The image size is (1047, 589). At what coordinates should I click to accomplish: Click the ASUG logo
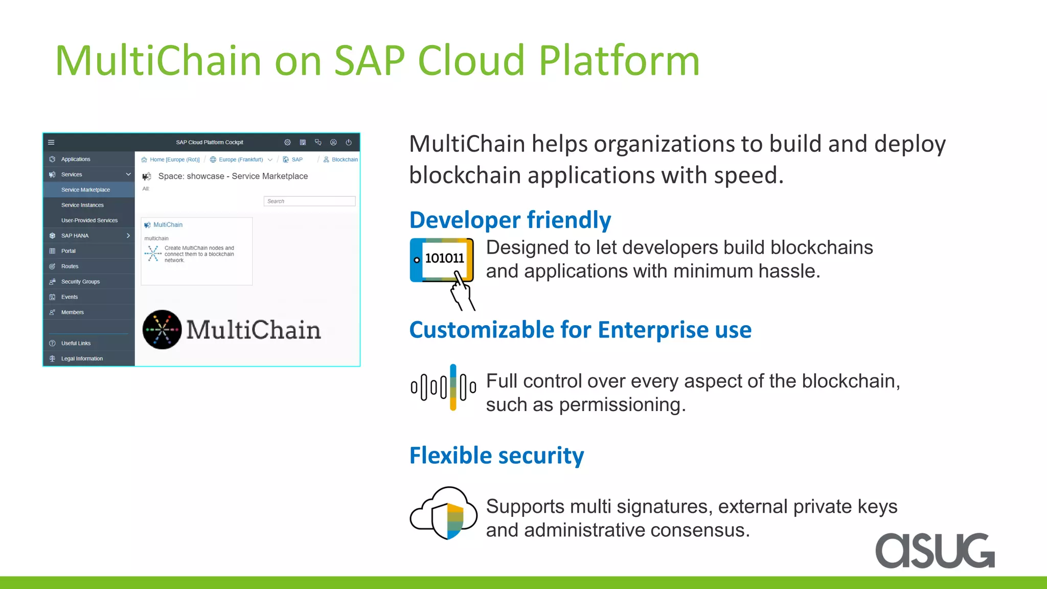pyautogui.click(x=935, y=551)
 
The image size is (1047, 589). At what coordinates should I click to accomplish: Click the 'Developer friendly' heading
pyautogui.click(x=510, y=220)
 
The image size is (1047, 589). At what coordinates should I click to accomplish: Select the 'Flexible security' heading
pyautogui.click(x=496, y=456)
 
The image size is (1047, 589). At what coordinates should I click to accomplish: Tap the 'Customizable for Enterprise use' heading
pyautogui.click(x=580, y=330)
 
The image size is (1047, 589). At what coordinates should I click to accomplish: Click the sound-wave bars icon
pyautogui.click(x=443, y=387)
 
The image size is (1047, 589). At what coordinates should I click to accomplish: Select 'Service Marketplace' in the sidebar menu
pyautogui.click(x=85, y=190)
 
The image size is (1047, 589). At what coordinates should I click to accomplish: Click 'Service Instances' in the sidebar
pyautogui.click(x=82, y=205)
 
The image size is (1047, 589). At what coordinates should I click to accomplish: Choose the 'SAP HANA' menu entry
pyautogui.click(x=75, y=236)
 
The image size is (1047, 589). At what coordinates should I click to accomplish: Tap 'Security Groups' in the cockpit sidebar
pyautogui.click(x=80, y=282)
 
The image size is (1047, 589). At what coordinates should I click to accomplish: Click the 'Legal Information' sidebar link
pyautogui.click(x=82, y=358)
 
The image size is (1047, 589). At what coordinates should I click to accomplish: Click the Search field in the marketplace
pyautogui.click(x=309, y=201)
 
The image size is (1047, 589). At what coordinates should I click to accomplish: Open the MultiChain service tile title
pyautogui.click(x=168, y=225)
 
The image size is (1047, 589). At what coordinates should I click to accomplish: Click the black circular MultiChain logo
pyautogui.click(x=162, y=330)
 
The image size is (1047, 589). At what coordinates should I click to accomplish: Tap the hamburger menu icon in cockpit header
pyautogui.click(x=51, y=143)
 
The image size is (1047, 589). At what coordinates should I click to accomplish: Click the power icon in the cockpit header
pyautogui.click(x=349, y=143)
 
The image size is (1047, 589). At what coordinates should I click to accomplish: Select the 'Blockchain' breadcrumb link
pyautogui.click(x=344, y=160)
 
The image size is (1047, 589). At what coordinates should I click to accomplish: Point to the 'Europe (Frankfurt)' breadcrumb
pyautogui.click(x=240, y=160)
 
